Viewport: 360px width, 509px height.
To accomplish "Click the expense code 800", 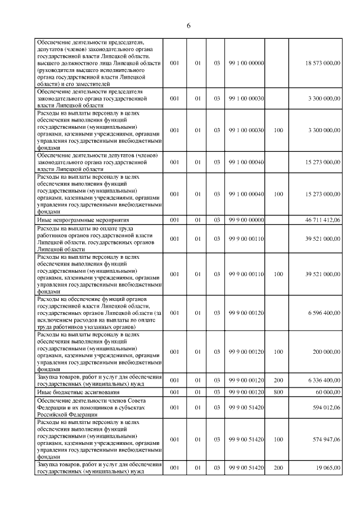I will [278, 391].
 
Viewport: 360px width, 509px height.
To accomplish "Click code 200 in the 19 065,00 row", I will [278, 467].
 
